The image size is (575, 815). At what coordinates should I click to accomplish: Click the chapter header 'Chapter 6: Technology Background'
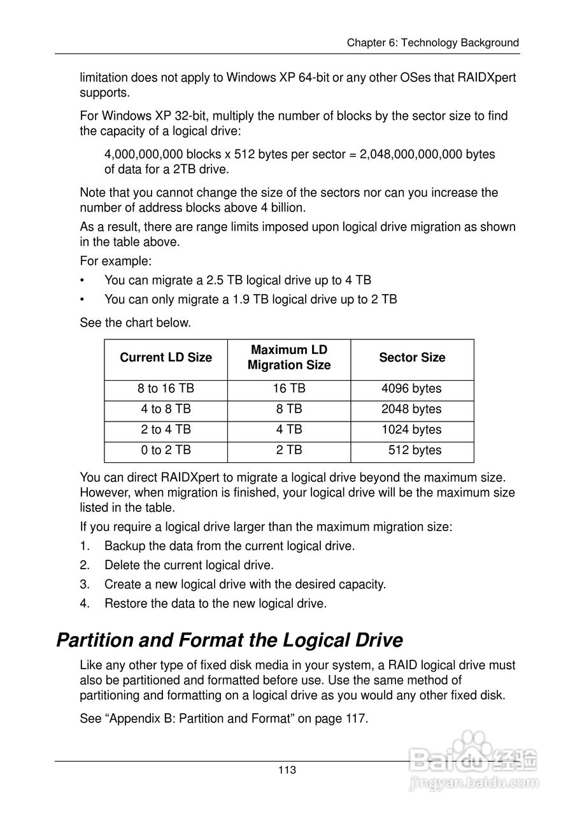(432, 43)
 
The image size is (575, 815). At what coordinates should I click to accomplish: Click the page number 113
(287, 770)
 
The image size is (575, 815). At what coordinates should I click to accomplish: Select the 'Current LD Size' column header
(166, 358)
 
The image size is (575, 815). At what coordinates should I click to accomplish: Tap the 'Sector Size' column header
(412, 358)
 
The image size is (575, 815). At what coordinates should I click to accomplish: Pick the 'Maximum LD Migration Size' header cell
(289, 358)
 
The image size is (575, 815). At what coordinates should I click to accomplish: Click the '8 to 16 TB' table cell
(166, 389)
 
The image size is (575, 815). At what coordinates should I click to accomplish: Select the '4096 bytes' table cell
(411, 389)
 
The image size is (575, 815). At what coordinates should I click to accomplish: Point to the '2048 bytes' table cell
(411, 409)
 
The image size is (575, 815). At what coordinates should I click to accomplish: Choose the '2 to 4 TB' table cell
(166, 430)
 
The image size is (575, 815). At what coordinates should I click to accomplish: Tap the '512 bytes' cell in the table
(415, 450)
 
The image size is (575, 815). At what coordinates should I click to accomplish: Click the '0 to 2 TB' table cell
(166, 450)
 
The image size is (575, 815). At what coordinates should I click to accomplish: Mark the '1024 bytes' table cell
(411, 430)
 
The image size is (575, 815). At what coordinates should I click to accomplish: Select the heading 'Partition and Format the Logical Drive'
(230, 640)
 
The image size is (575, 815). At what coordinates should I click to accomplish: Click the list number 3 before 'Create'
(84, 585)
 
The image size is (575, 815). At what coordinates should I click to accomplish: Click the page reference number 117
(356, 719)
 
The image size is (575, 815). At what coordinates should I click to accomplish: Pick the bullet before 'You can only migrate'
(82, 299)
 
